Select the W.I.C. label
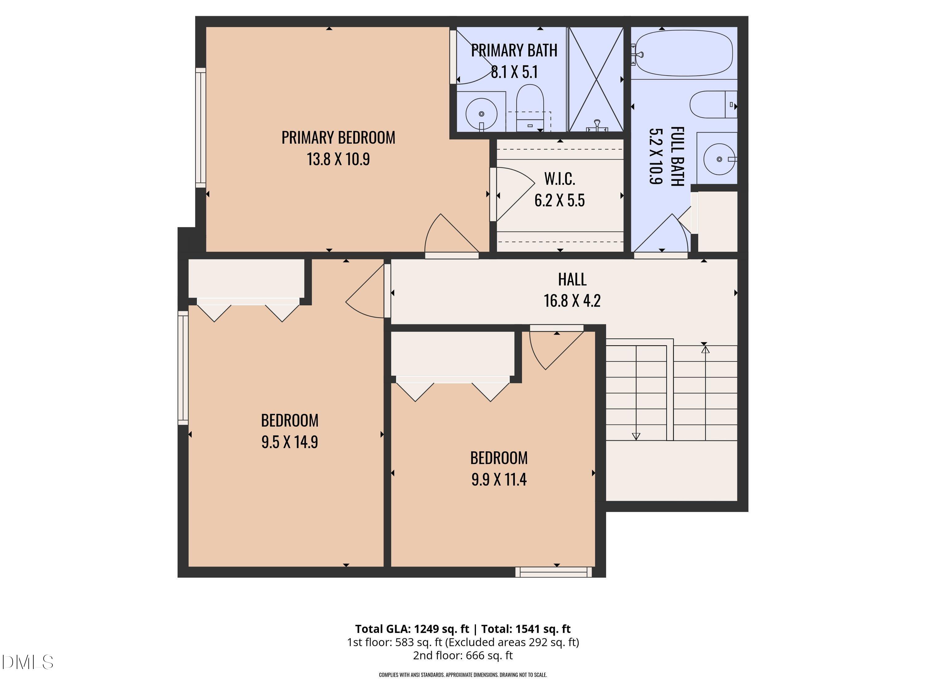559,179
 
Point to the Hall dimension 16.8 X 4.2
572,301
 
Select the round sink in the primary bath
482,114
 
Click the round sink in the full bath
719,159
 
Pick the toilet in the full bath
712,105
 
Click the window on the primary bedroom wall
201,128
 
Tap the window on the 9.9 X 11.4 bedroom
553,572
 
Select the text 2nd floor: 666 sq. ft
463,655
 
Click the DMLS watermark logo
27,662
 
